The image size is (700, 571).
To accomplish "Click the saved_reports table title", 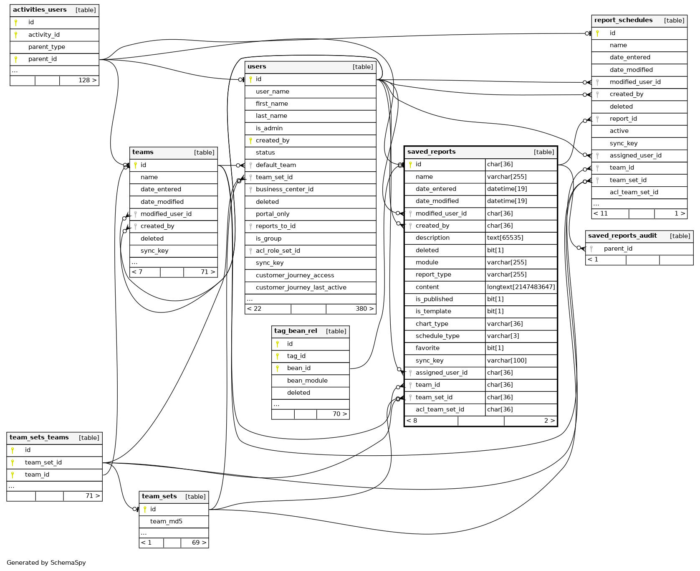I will [431, 152].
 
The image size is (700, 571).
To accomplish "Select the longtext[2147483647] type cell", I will [521, 287].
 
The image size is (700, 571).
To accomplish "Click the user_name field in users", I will [272, 91].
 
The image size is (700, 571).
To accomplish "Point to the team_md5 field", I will [166, 521].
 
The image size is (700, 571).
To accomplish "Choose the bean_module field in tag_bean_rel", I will [307, 381].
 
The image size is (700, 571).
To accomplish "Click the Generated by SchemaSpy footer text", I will [46, 563].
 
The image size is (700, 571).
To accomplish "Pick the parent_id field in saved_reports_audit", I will [618, 249].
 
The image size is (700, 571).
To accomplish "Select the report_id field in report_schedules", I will [623, 119].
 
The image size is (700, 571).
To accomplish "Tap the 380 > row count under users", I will [364, 309].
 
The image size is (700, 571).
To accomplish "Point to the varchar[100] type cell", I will [507, 360].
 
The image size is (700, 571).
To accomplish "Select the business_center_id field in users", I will [284, 189].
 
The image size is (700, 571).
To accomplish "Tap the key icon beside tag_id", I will [277, 356].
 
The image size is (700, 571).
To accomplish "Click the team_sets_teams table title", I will [39, 437].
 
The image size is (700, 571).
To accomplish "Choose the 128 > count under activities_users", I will [87, 80].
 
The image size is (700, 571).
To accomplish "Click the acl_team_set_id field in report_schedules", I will [634, 192].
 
